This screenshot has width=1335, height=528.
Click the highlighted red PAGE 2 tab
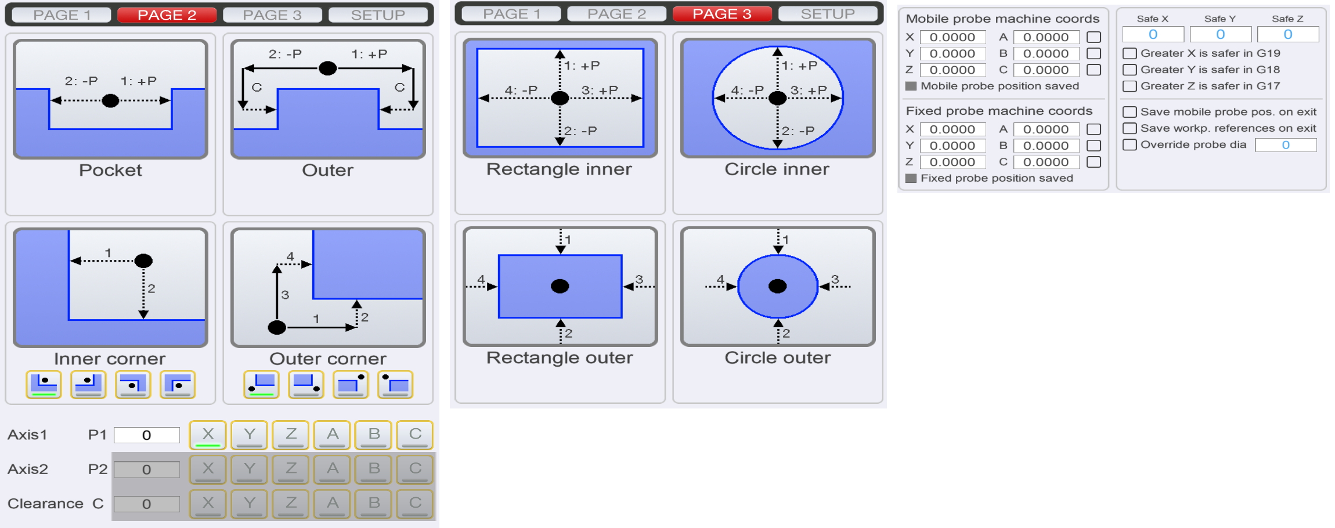[x=167, y=15]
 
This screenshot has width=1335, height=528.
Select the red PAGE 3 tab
[x=722, y=13]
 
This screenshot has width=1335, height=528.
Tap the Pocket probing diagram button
[x=110, y=99]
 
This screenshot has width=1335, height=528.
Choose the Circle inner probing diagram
[x=778, y=98]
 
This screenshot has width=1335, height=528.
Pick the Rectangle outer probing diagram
[x=560, y=287]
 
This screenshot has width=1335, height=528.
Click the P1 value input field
[x=147, y=435]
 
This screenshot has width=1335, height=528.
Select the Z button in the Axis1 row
[x=291, y=435]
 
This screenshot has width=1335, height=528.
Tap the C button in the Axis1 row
[x=415, y=435]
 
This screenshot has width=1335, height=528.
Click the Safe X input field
[x=1153, y=35]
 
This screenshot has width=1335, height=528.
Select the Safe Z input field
[x=1288, y=35]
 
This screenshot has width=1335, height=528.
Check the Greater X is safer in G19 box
[x=1130, y=53]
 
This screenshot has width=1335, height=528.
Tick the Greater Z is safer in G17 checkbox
[x=1130, y=86]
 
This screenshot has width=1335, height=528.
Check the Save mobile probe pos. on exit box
[x=1130, y=112]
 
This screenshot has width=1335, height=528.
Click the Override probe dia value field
[x=1286, y=145]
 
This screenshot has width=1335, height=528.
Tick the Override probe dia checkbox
[x=1130, y=144]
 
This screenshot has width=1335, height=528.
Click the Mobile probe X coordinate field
[x=952, y=37]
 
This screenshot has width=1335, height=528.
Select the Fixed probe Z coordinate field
[x=952, y=162]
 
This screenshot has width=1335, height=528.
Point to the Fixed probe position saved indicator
[x=911, y=178]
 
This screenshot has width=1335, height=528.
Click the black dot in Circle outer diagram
[x=778, y=286]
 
